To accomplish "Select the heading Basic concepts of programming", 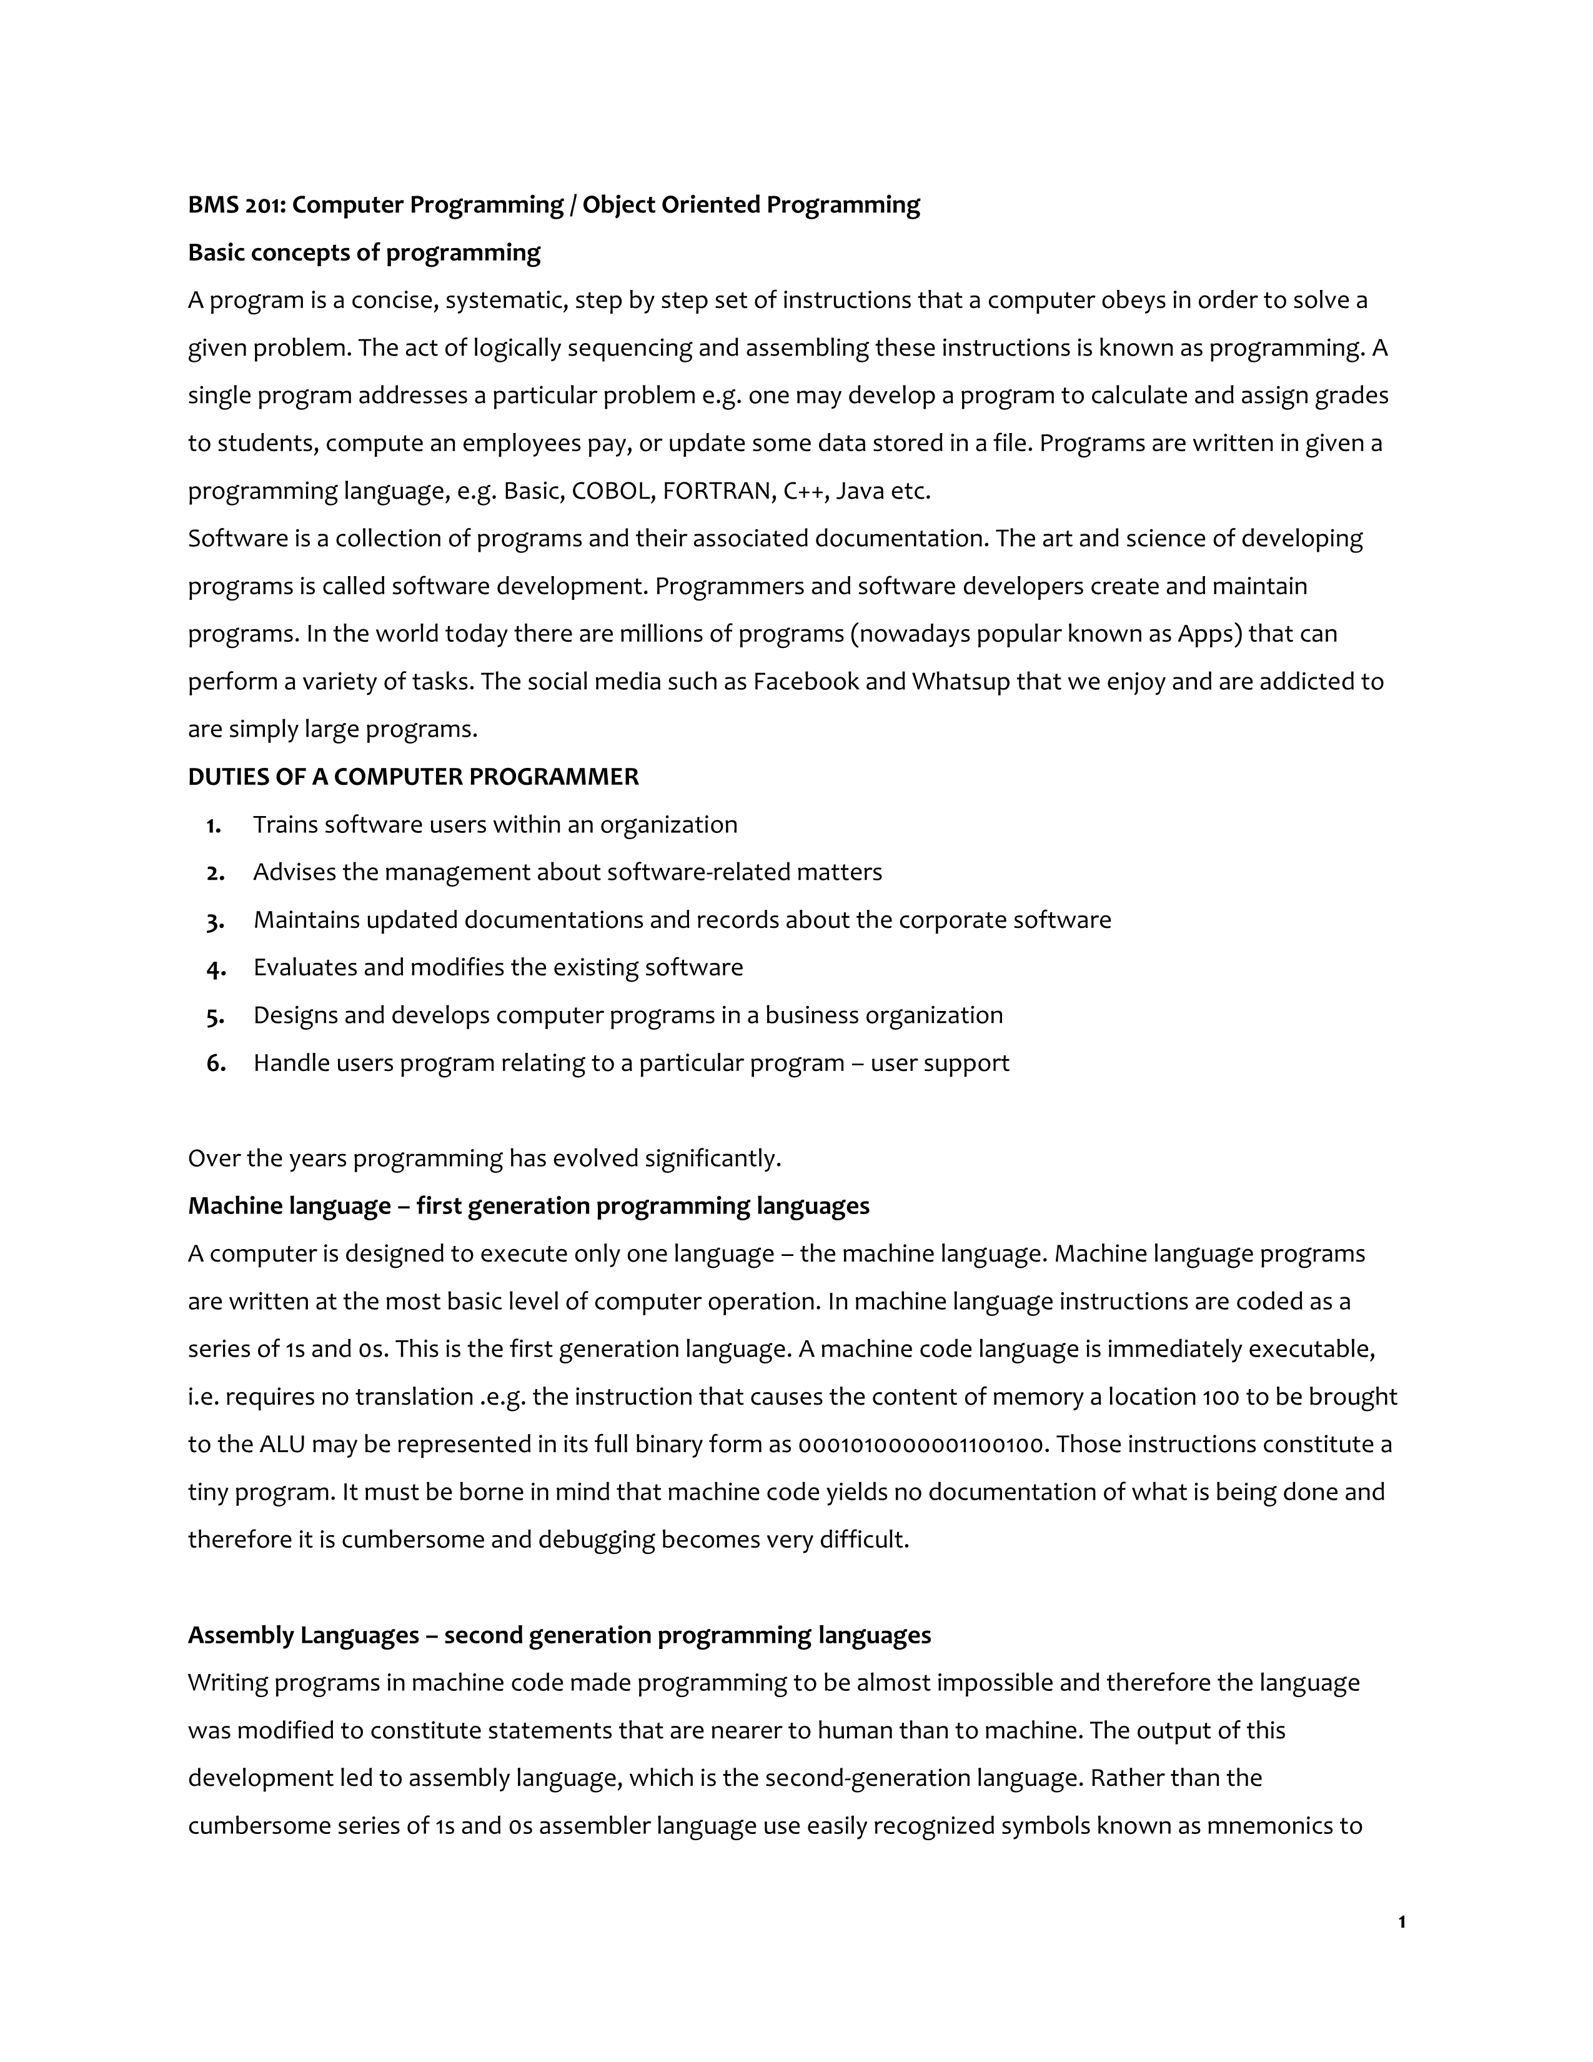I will (x=364, y=253).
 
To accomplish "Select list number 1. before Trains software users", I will (x=213, y=825).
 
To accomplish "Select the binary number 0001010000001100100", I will (x=922, y=1445).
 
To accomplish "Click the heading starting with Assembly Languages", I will (x=558, y=1635).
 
